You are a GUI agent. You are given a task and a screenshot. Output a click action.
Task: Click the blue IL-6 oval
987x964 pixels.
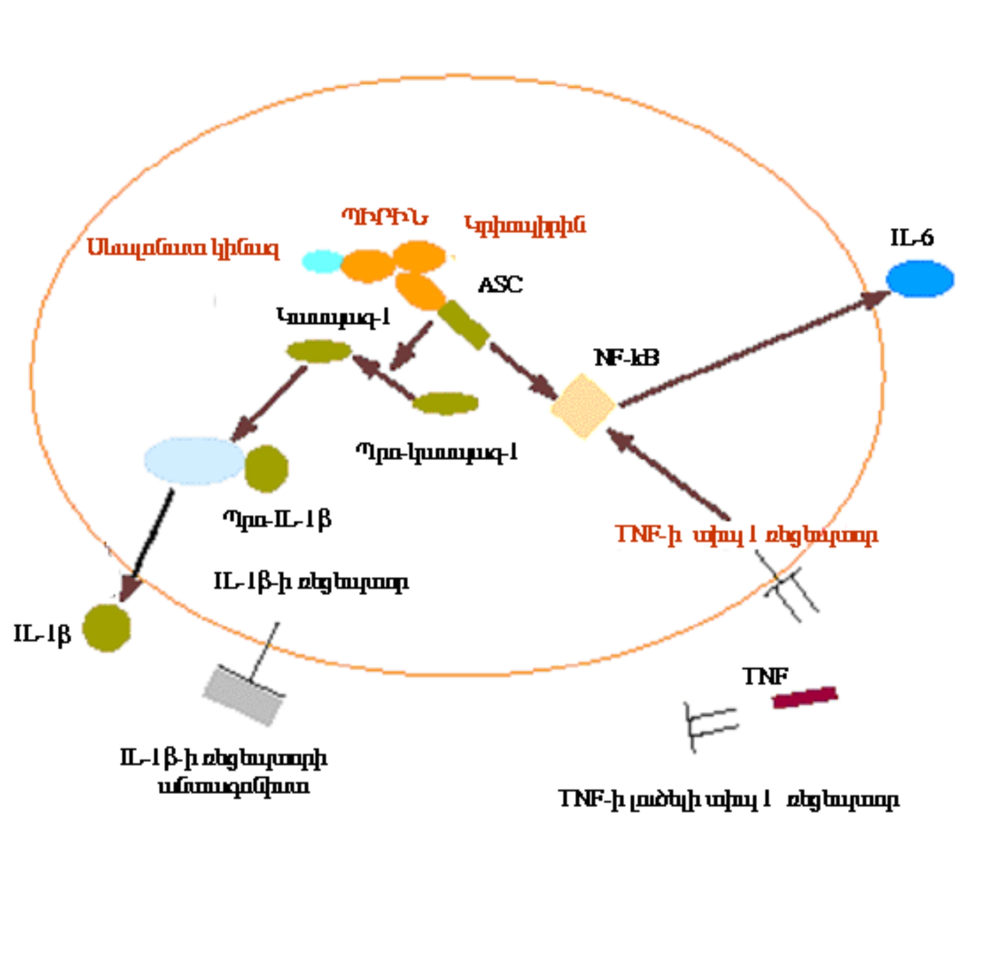click(920, 279)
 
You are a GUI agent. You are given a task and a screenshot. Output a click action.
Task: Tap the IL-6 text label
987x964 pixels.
click(911, 238)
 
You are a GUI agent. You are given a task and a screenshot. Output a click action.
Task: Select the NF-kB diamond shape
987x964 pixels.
click(583, 405)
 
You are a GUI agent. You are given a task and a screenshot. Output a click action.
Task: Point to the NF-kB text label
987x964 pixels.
click(626, 358)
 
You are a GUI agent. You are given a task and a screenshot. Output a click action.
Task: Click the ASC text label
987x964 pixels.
click(500, 285)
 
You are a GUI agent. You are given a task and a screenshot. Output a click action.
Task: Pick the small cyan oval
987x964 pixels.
click(322, 261)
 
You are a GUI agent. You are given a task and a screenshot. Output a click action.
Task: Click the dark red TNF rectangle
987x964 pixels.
click(804, 697)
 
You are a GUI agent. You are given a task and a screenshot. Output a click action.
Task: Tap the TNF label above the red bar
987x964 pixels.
click(765, 676)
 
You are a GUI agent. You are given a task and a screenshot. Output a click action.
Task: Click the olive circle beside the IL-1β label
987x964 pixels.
click(107, 628)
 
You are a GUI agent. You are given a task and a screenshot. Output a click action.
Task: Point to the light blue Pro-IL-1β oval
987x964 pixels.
click(194, 461)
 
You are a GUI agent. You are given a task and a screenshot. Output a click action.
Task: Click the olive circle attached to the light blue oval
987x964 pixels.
click(266, 468)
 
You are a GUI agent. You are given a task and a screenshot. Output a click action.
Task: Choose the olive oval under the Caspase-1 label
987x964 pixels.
click(319, 351)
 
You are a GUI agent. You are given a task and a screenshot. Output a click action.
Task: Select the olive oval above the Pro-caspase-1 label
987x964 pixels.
click(445, 403)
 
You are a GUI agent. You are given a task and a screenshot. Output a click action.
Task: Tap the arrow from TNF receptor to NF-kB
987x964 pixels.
click(667, 473)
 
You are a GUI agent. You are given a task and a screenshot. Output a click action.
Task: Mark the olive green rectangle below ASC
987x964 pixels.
click(463, 325)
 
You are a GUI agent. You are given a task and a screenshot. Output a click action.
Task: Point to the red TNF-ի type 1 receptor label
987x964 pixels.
click(746, 535)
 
